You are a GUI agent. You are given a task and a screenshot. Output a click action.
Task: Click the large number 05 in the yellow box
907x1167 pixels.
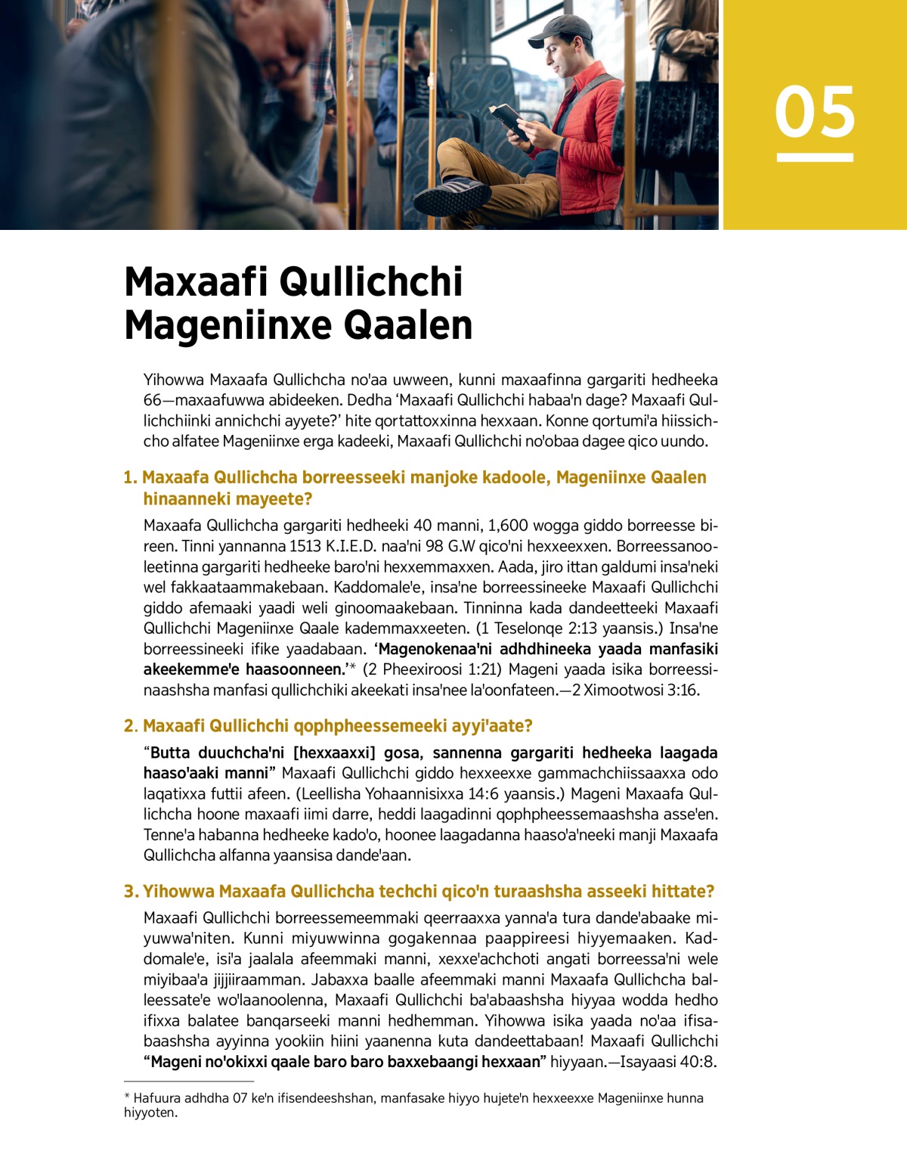[x=815, y=112]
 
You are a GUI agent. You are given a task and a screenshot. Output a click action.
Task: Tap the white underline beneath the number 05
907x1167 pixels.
[x=815, y=157]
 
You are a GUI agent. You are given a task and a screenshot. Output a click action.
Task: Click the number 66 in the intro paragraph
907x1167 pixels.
[x=153, y=400]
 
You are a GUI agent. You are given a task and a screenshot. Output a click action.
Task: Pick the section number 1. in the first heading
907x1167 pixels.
[x=131, y=477]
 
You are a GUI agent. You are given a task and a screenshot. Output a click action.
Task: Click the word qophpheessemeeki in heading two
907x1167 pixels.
[x=327, y=726]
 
